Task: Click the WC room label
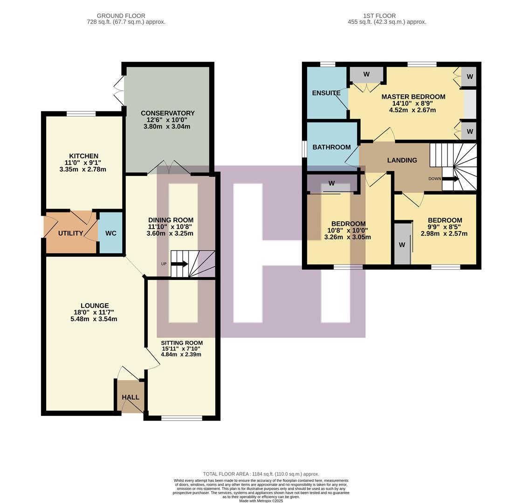click(x=110, y=233)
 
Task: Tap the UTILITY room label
click(x=70, y=233)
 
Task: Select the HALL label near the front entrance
click(x=130, y=397)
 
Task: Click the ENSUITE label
click(x=326, y=93)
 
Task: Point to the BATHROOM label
click(x=331, y=147)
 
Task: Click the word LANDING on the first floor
click(x=402, y=160)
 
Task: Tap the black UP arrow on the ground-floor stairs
click(x=179, y=264)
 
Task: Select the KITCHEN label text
click(x=83, y=156)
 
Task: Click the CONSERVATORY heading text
click(x=168, y=113)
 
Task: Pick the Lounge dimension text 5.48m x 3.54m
click(x=94, y=319)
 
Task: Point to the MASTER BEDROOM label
click(x=413, y=97)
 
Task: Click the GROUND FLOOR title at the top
click(x=121, y=16)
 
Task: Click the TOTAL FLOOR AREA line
click(x=261, y=474)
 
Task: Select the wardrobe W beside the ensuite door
click(x=366, y=75)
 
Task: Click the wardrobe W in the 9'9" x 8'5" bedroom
click(x=402, y=245)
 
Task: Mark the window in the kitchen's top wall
click(x=81, y=114)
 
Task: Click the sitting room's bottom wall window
click(x=182, y=418)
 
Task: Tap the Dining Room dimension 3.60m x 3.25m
click(x=170, y=233)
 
